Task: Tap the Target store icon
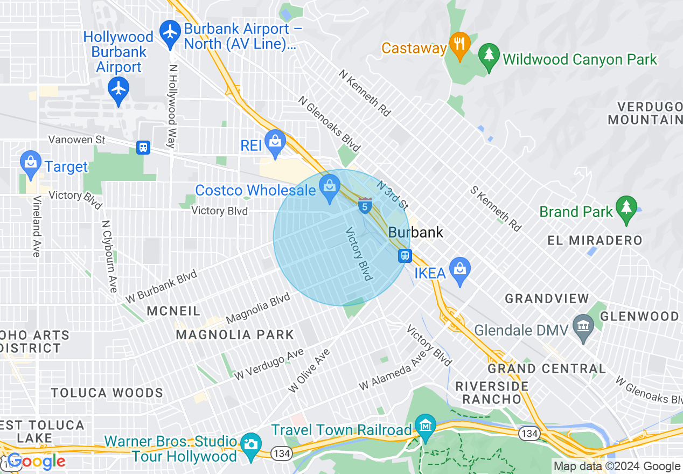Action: pyautogui.click(x=31, y=163)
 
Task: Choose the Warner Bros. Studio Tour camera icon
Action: pyautogui.click(x=250, y=445)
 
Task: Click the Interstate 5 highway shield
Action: pyautogui.click(x=365, y=205)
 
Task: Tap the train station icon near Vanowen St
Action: pyautogui.click(x=143, y=147)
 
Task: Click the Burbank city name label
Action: pyautogui.click(x=416, y=233)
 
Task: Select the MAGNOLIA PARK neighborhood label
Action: pyautogui.click(x=235, y=334)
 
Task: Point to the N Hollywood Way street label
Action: pyautogui.click(x=172, y=107)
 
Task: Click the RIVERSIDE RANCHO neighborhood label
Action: pyautogui.click(x=492, y=393)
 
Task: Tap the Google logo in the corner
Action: pyautogui.click(x=36, y=461)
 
